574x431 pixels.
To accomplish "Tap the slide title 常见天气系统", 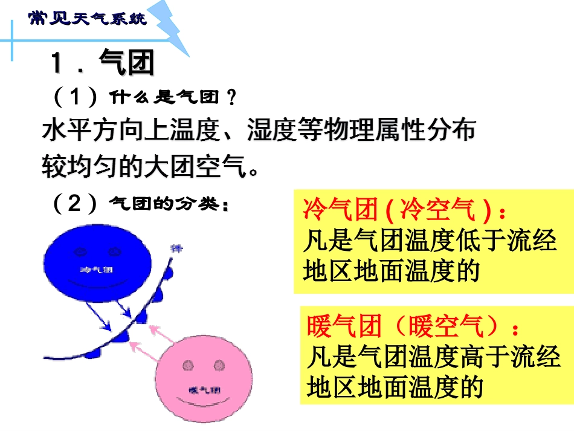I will point(88,19).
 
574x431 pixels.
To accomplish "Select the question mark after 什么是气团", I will point(230,97).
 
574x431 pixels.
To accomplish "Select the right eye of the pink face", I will point(218,365).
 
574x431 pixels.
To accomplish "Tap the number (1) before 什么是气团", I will point(75,97).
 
